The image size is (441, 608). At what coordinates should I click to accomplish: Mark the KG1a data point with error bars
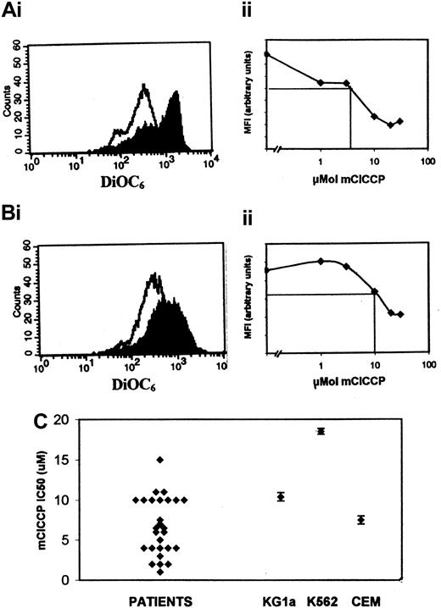281,496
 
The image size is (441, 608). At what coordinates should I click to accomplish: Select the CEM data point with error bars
361,520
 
